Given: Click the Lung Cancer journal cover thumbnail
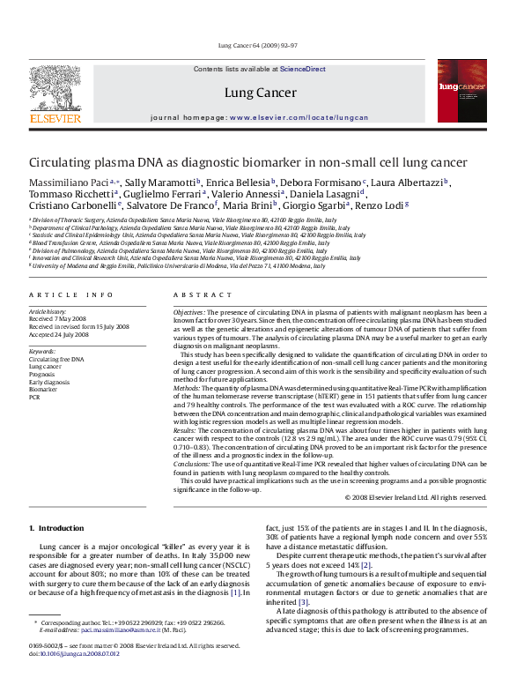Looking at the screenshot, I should tap(461, 91).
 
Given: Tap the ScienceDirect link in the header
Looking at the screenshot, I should tap(303, 69).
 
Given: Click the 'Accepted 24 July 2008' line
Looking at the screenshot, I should tap(59, 334).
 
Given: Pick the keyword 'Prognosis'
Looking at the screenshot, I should tap(45, 375).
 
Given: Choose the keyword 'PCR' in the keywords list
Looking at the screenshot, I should tap(34, 398).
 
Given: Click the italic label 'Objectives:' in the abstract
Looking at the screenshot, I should tap(189, 312).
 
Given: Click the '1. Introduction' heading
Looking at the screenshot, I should tap(56, 527).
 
